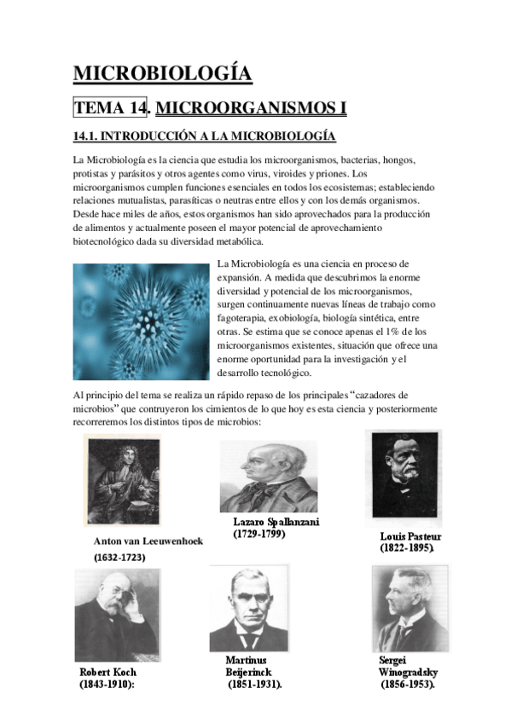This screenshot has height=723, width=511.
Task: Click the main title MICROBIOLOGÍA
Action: click(162, 74)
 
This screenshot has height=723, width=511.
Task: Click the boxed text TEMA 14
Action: click(111, 108)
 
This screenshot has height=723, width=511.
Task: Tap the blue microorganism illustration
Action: click(141, 321)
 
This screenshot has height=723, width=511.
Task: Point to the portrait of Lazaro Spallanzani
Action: click(268, 476)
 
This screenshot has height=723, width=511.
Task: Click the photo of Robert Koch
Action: click(117, 614)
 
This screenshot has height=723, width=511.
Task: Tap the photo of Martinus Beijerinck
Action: click(249, 609)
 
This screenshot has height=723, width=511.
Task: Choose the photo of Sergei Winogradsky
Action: click(409, 607)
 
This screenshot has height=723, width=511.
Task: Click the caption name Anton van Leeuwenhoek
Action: click(148, 541)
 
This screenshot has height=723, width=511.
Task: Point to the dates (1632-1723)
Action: click(119, 557)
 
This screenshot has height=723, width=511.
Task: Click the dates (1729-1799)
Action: click(259, 534)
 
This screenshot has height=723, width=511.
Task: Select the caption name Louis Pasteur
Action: click(410, 536)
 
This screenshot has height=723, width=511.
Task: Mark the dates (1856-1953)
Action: click(408, 685)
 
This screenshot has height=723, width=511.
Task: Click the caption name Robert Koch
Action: click(108, 672)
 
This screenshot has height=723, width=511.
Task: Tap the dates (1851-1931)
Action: click(254, 685)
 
